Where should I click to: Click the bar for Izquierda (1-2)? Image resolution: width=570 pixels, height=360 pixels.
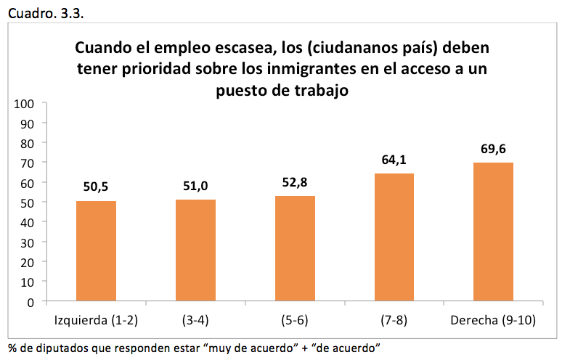pos(96,250)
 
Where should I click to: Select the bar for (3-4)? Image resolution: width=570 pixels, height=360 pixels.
pos(195,250)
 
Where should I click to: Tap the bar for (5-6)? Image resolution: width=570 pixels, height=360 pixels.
pos(295,248)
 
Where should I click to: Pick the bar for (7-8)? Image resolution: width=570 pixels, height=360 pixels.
pos(394,237)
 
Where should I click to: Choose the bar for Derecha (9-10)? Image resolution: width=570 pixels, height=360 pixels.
pos(493,232)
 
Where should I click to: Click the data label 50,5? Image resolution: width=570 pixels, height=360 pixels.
pos(96,188)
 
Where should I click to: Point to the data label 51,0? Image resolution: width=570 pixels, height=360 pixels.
pos(195,187)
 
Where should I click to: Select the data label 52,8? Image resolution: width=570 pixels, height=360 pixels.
pos(295,183)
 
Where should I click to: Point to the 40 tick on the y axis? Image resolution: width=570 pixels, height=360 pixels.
pos(28,222)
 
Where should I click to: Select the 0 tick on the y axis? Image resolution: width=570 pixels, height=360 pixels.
pos(31,301)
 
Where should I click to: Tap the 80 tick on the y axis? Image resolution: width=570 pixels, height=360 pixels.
pos(28,143)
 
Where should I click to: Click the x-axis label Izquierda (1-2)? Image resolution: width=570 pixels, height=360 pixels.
pos(96,320)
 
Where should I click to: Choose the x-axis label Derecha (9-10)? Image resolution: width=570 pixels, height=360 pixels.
pos(493,320)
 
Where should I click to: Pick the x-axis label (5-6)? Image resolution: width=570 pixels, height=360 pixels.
pos(295,320)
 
